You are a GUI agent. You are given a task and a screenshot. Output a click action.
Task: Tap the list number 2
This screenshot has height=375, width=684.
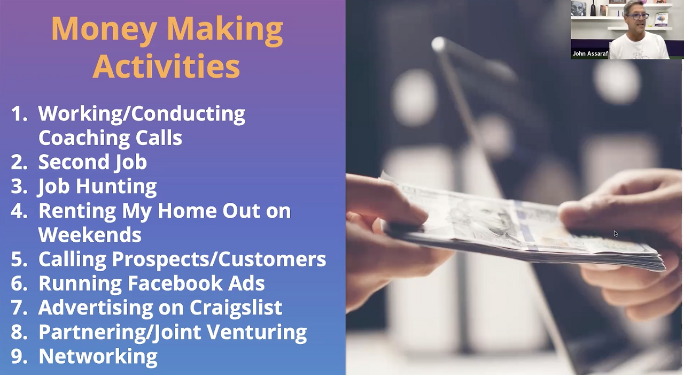tap(19, 162)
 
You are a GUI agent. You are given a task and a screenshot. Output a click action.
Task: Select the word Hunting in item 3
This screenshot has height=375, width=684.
tap(116, 186)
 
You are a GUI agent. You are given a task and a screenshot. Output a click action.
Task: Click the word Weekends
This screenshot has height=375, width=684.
tap(90, 235)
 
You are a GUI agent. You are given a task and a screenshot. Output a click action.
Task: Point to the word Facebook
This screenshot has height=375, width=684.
tap(175, 283)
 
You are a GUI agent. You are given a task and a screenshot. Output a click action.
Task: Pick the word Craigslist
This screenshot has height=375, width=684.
tap(236, 308)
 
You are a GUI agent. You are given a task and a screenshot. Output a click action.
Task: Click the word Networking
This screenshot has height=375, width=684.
tap(98, 356)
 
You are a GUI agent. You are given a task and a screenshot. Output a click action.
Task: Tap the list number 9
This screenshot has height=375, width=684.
tap(19, 356)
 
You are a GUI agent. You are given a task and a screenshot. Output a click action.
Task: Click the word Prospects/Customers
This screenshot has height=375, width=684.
tap(219, 259)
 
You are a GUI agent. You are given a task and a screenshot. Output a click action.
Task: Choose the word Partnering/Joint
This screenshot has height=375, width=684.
tap(120, 332)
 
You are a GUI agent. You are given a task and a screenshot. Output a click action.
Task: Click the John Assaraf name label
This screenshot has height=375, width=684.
tap(590, 53)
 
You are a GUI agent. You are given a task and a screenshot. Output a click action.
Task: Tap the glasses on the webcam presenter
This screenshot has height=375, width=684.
tap(636, 16)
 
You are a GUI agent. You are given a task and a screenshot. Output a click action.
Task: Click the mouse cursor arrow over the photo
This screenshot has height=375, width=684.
tap(616, 234)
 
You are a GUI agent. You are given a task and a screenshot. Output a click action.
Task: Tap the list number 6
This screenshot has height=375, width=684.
tap(19, 284)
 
